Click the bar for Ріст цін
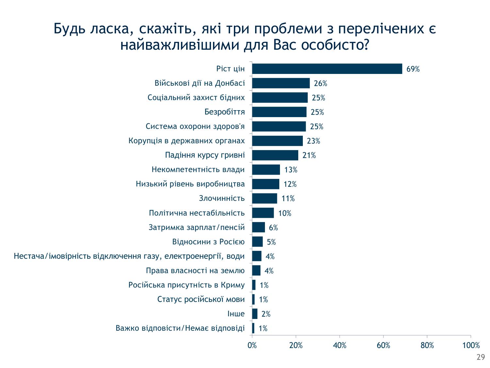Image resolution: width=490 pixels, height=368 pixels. point(327,69)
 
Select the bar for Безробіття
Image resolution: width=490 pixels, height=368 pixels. point(279,112)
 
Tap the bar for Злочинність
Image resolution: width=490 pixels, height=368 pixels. point(265,198)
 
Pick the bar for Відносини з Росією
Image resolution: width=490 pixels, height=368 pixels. point(257,242)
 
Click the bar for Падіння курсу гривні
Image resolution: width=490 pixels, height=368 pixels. point(275,155)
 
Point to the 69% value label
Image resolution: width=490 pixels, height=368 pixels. point(413,69)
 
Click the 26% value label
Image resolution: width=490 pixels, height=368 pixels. point(320,83)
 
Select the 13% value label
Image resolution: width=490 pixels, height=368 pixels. point(291,170)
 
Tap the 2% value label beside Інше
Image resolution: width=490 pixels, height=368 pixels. point(266,314)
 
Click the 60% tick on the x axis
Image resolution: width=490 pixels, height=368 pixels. point(384,345)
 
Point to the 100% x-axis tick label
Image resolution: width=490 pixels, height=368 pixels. point(471,345)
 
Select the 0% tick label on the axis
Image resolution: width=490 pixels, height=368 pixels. point(252,345)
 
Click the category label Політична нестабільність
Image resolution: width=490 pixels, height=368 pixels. point(197,213)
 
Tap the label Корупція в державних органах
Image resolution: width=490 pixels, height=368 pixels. point(187,141)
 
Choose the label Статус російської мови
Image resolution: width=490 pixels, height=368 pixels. point(201,299)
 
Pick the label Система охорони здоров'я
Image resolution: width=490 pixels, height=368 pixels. point(195,126)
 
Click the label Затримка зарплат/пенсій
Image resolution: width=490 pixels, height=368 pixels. point(197,227)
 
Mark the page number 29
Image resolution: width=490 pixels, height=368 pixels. point(481,357)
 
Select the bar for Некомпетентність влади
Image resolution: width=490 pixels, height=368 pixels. point(266,169)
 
